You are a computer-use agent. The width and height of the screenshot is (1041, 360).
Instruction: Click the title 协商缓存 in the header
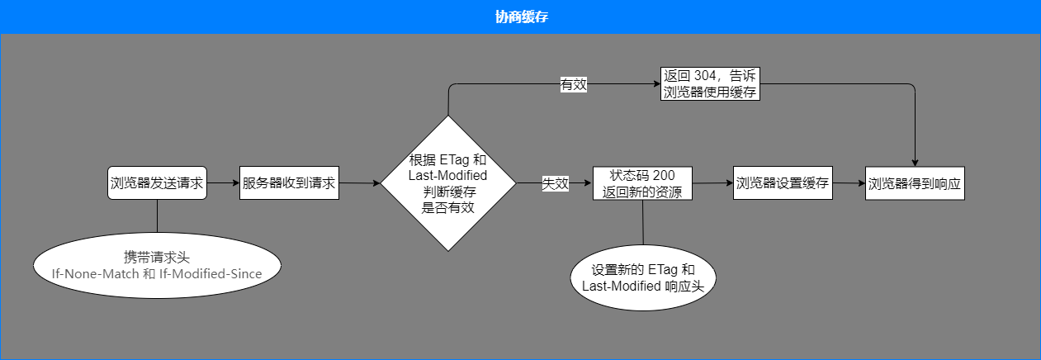[520, 17]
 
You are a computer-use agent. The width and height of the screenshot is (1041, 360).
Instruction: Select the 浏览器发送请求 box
[157, 183]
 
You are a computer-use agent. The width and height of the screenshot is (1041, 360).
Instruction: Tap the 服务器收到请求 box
[289, 183]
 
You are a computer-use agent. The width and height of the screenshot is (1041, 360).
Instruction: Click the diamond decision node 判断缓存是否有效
[448, 183]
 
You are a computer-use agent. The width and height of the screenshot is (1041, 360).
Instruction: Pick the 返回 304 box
[710, 83]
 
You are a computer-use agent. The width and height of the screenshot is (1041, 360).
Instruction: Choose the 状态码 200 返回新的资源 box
[642, 183]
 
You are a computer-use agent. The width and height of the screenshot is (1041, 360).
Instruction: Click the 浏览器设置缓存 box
[783, 183]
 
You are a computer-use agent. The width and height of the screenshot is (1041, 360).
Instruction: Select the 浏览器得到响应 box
[915, 183]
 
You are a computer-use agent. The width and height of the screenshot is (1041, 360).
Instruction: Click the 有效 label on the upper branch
[573, 84]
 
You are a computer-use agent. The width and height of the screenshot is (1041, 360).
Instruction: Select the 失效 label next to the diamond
[555, 184]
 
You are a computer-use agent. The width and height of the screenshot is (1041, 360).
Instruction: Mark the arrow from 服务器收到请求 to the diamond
[359, 183]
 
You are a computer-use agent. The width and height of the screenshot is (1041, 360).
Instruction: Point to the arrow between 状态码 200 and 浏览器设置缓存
[712, 183]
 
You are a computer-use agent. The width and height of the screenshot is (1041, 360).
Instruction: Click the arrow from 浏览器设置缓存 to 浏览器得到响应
[849, 183]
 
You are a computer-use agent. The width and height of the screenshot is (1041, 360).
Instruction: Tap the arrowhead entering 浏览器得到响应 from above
[915, 162]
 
